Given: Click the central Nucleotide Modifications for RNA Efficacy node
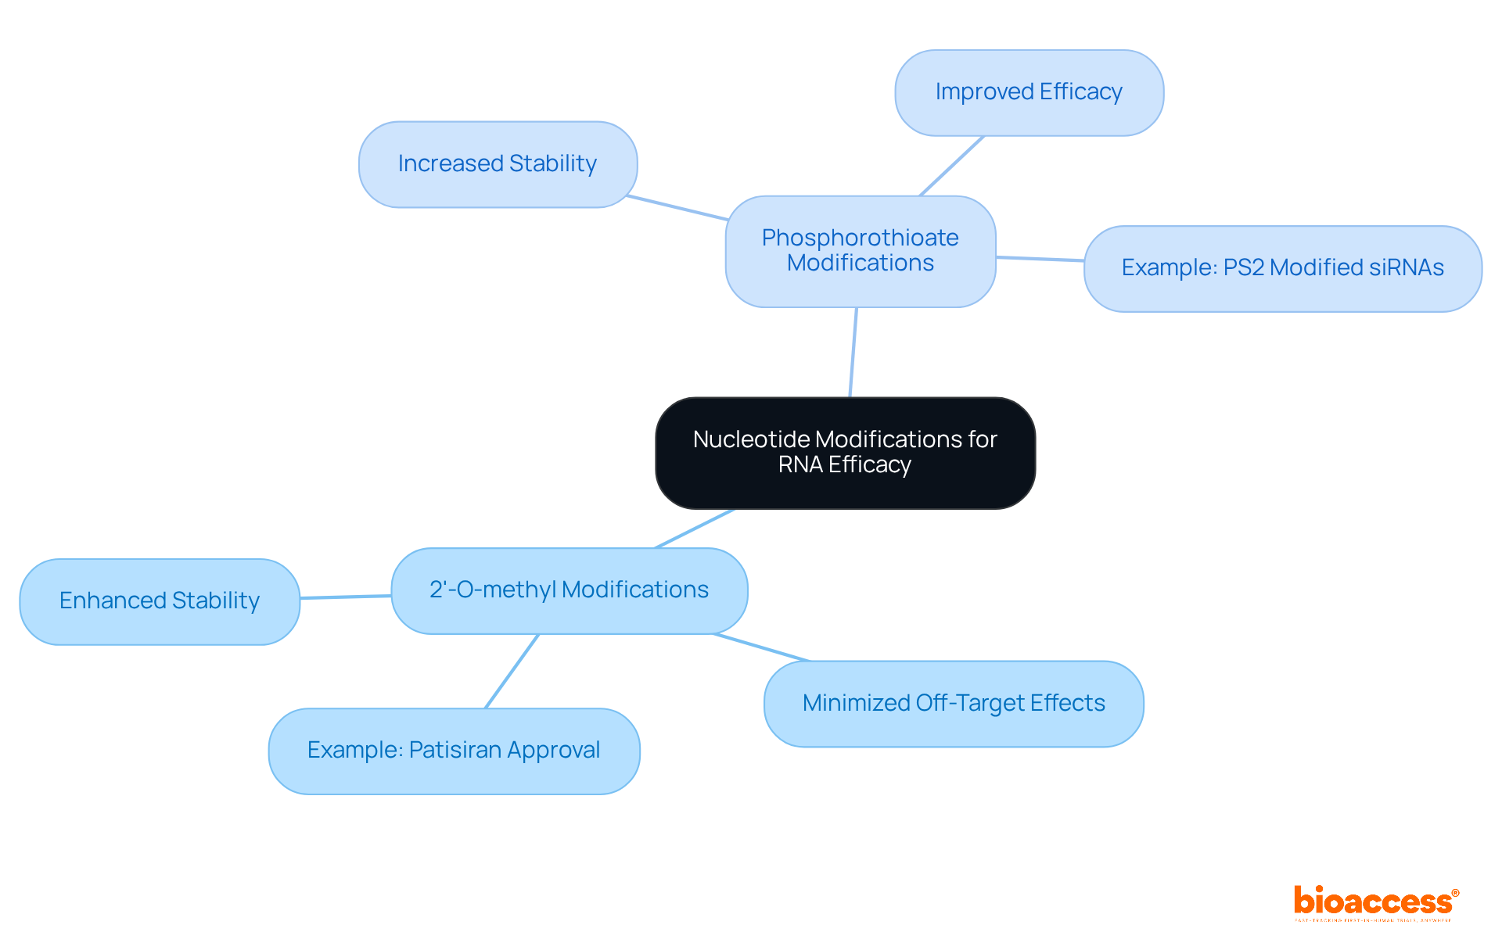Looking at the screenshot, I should coord(845,453).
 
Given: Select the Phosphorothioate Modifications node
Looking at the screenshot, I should coord(860,251).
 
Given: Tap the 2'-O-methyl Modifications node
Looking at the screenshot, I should coord(569,590).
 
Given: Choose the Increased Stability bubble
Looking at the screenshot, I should coord(498,164).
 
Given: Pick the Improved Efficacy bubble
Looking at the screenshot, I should coord(1029,92).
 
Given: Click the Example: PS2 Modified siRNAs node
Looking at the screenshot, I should coord(1282,268).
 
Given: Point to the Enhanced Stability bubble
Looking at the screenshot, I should coord(160,601).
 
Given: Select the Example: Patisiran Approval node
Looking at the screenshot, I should coord(454,751).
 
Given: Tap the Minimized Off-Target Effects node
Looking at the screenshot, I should coord(953,704).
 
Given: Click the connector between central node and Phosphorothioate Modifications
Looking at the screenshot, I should coord(853,352).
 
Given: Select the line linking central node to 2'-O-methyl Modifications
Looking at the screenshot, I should coord(695,529).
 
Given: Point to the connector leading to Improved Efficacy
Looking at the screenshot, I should coord(952,166).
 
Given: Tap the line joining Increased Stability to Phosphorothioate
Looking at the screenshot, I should coord(677,208).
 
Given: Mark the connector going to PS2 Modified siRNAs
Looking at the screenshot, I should coord(1040,259).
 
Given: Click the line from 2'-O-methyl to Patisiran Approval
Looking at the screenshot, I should coord(512,671).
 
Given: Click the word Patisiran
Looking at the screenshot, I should coord(455,751).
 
